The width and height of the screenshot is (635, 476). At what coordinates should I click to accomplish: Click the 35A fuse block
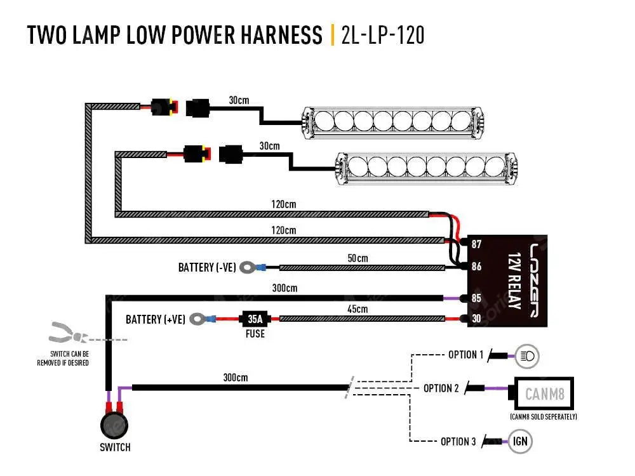coord(255,318)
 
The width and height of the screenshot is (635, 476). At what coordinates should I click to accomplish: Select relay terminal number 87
coord(476,244)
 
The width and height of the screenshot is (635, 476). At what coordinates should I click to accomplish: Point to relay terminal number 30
coord(476,319)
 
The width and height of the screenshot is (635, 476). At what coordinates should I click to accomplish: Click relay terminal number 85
coord(476,298)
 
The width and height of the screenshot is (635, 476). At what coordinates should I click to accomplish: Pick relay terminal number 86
coord(476,267)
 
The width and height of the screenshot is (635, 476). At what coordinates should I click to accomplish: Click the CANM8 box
coord(545,395)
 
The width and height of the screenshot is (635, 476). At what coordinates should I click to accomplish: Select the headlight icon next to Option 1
coord(528,356)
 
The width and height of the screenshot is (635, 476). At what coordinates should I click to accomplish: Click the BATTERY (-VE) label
coord(204,268)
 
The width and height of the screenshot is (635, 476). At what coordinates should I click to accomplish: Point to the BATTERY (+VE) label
coord(156,319)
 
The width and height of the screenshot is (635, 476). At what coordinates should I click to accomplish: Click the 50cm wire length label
coord(358,258)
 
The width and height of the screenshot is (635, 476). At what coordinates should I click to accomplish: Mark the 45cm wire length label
coord(358,309)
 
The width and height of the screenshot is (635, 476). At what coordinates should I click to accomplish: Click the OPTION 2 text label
coord(441,388)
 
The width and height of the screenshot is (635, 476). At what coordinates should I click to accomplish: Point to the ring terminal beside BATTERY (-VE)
coord(246,268)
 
